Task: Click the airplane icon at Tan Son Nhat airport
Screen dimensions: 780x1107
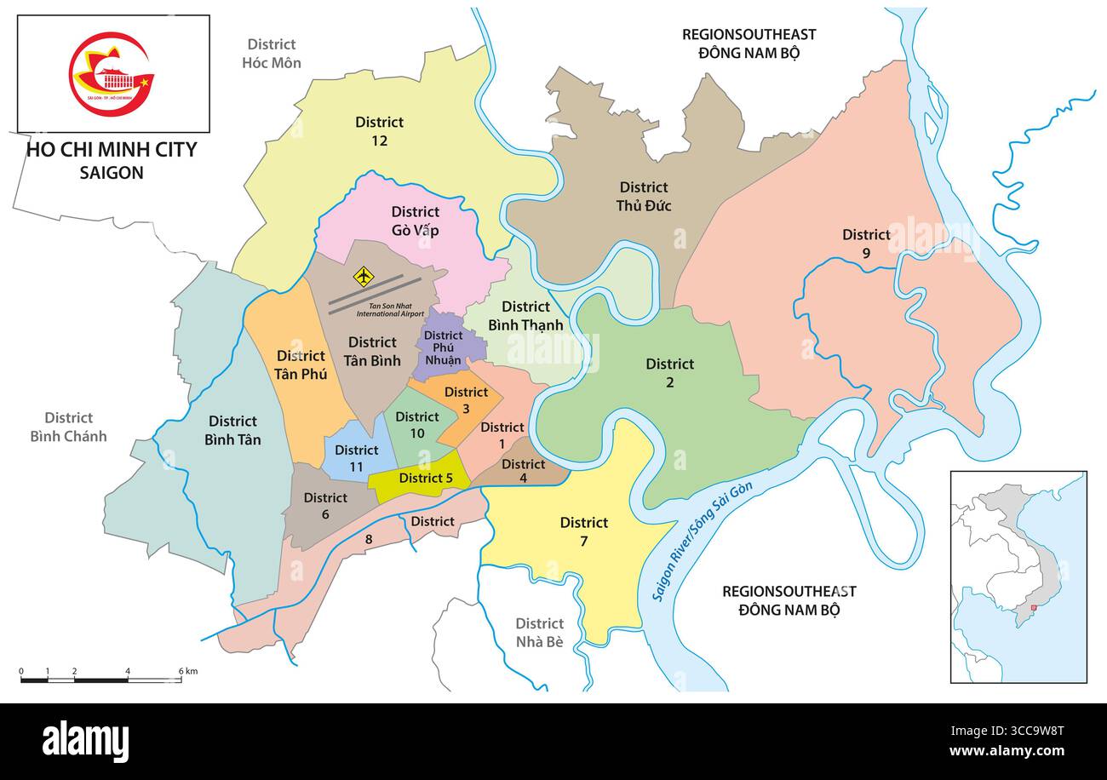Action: pyautogui.click(x=364, y=276)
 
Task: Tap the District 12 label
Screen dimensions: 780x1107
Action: pyautogui.click(x=379, y=131)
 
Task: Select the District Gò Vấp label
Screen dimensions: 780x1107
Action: pyautogui.click(x=415, y=221)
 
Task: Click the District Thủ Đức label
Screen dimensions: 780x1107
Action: pyautogui.click(x=644, y=196)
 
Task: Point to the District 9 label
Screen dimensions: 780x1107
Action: pyautogui.click(x=866, y=243)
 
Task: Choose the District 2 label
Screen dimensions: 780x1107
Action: pyautogui.click(x=669, y=373)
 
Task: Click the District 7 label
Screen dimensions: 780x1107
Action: pyautogui.click(x=584, y=531)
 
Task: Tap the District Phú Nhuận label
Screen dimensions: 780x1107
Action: pyautogui.click(x=444, y=347)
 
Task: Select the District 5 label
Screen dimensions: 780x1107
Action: pyautogui.click(x=426, y=478)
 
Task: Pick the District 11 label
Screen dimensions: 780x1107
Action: pyautogui.click(x=356, y=457)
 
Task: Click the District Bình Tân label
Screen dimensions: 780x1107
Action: pyautogui.click(x=232, y=430)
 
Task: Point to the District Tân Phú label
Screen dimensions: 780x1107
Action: pyautogui.click(x=300, y=364)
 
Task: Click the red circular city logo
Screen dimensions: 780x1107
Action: pyautogui.click(x=111, y=73)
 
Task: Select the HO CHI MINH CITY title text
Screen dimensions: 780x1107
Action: pyautogui.click(x=112, y=150)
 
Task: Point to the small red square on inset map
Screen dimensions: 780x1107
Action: pyautogui.click(x=1034, y=608)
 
